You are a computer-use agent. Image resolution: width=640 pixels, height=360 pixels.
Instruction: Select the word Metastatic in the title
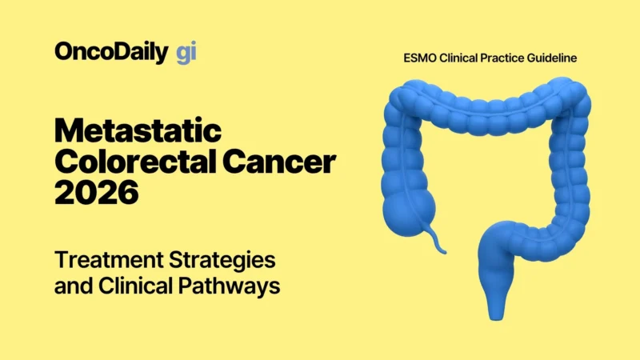click(x=138, y=131)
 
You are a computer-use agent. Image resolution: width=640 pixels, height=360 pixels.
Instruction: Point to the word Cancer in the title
click(x=281, y=162)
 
